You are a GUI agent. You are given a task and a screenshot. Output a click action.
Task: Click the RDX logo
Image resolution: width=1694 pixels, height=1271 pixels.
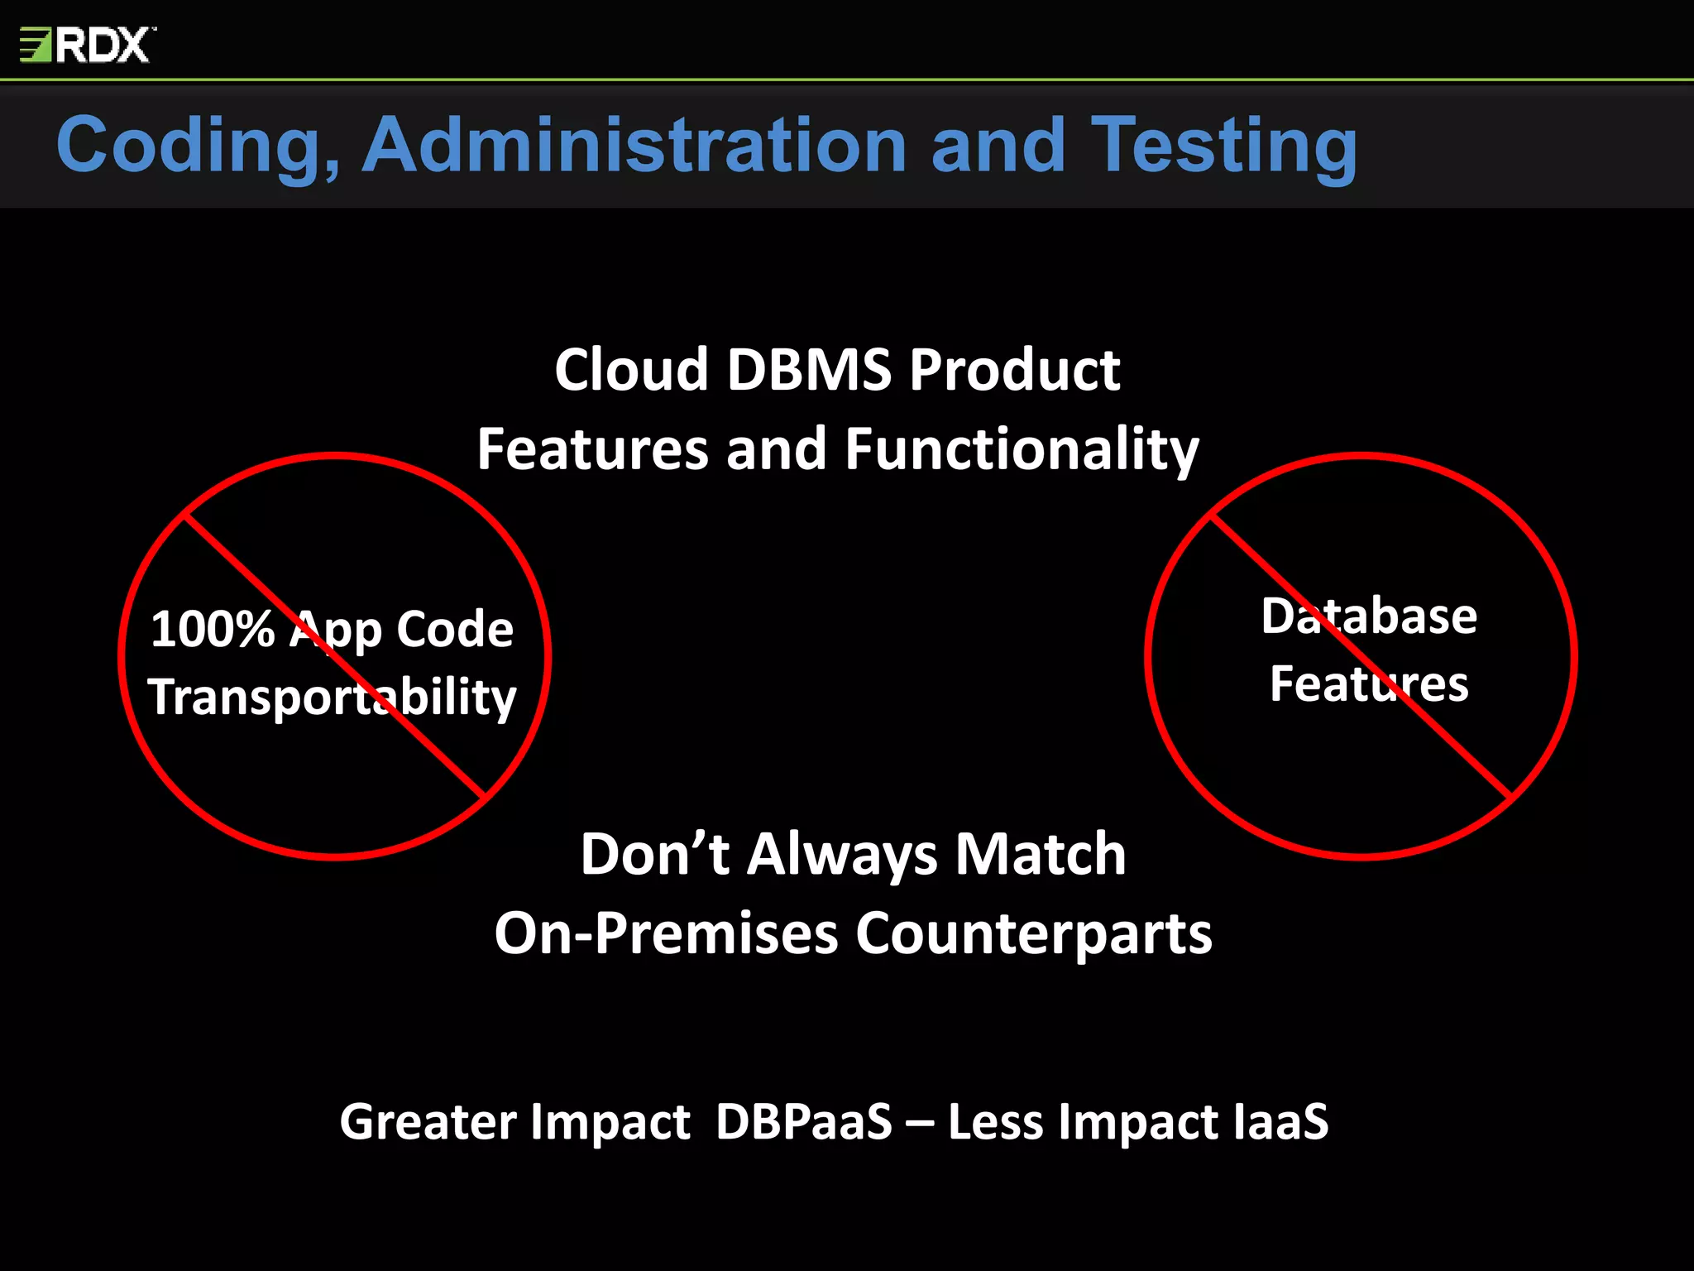pyautogui.click(x=87, y=45)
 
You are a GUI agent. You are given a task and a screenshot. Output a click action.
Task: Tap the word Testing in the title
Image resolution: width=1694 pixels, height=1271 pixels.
pyautogui.click(x=1223, y=146)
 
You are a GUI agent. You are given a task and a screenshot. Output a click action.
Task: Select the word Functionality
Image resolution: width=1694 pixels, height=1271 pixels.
pyautogui.click(x=1022, y=450)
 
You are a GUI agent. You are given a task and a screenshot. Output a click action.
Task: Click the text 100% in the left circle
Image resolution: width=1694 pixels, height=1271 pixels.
pyautogui.click(x=213, y=629)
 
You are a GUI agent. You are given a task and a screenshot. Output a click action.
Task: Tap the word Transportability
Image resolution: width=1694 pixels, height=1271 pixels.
pyautogui.click(x=333, y=698)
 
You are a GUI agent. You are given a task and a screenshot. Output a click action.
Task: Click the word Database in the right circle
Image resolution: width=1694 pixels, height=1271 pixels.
pyautogui.click(x=1369, y=616)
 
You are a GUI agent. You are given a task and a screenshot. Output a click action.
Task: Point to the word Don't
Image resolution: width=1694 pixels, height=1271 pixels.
pyautogui.click(x=654, y=854)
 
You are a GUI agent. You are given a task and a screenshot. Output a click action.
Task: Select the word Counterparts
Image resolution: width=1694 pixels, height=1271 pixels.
pyautogui.click(x=1033, y=933)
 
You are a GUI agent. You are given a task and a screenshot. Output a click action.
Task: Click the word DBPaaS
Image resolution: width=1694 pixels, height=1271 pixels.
pyautogui.click(x=804, y=1122)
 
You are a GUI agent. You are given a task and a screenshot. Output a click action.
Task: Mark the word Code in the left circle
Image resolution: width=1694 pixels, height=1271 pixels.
pyautogui.click(x=455, y=629)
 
